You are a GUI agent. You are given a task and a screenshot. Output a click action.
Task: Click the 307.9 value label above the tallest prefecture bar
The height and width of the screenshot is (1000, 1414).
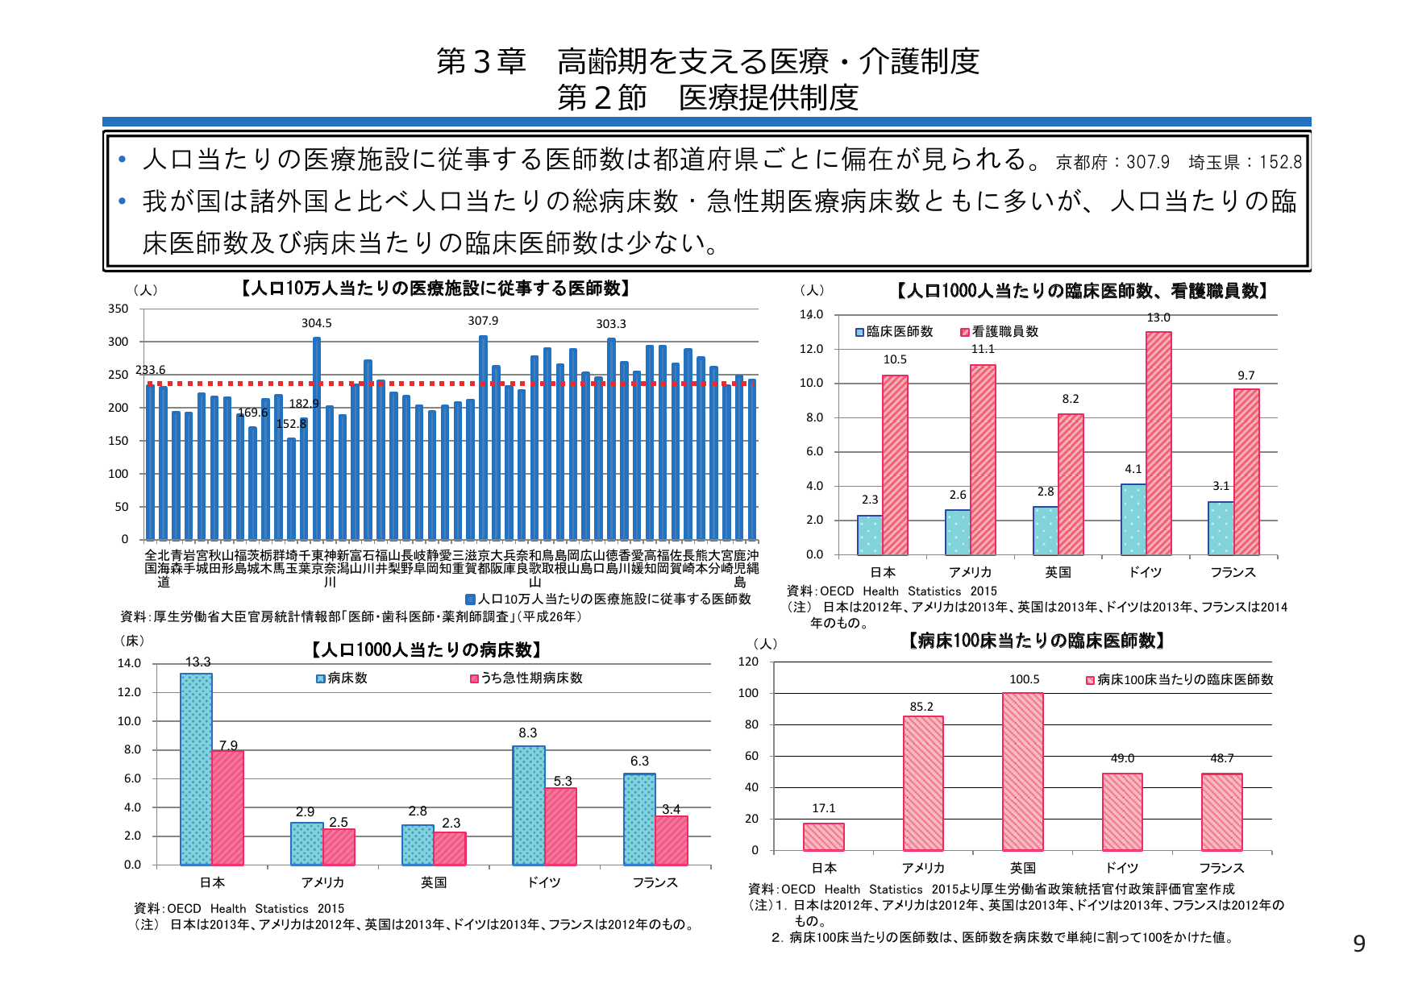pyautogui.click(x=483, y=321)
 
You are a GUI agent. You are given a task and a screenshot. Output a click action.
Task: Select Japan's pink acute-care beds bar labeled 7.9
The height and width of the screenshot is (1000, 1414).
pyautogui.click(x=227, y=807)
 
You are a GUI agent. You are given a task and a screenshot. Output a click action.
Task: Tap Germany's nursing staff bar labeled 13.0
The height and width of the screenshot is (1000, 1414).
pyautogui.click(x=1158, y=443)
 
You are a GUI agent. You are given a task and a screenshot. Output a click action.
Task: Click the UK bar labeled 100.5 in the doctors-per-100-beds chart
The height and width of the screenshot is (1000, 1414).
pyautogui.click(x=1022, y=771)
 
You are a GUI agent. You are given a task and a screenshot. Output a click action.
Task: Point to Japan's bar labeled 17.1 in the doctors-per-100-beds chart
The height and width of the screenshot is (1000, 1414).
pyautogui.click(x=823, y=836)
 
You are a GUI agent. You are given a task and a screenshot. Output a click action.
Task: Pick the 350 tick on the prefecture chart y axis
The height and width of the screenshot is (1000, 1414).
pyautogui.click(x=119, y=309)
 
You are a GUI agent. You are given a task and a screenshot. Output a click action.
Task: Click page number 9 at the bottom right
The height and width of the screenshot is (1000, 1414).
pyautogui.click(x=1358, y=944)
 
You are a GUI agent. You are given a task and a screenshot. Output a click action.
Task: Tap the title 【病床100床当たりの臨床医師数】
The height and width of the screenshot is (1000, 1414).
pyautogui.click(x=1036, y=641)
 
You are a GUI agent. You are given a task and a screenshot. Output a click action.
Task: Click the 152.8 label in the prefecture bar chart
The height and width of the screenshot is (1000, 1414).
pyautogui.click(x=291, y=424)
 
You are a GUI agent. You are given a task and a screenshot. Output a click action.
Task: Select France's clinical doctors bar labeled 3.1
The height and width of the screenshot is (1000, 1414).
pyautogui.click(x=1220, y=528)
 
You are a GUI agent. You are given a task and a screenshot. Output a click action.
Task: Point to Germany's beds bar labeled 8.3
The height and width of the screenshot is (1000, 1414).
pyautogui.click(x=528, y=806)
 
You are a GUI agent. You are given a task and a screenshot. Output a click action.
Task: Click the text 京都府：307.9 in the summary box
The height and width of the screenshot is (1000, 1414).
pyautogui.click(x=1112, y=162)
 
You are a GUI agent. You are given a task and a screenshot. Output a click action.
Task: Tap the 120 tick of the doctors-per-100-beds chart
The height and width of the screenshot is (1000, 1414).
pyautogui.click(x=748, y=662)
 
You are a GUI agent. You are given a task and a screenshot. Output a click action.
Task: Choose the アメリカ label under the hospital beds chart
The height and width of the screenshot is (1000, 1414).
pyautogui.click(x=322, y=882)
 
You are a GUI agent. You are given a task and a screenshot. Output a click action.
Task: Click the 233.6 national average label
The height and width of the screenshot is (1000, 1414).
pyautogui.click(x=151, y=370)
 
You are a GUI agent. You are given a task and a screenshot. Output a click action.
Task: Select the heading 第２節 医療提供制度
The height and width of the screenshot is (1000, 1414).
pyautogui.click(x=707, y=98)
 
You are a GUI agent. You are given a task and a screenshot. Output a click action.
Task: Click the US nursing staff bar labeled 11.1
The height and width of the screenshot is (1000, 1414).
pyautogui.click(x=983, y=459)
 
